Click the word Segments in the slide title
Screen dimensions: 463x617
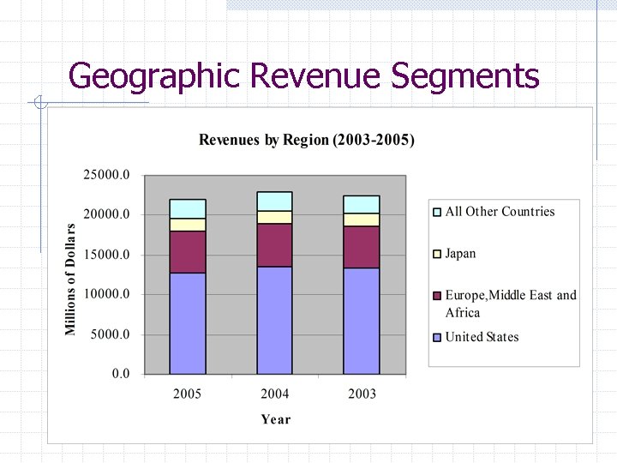tap(464, 76)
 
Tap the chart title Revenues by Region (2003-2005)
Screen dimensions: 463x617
tap(307, 140)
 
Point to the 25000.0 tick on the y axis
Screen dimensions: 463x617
tap(106, 175)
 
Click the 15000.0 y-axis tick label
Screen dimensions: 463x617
tap(106, 255)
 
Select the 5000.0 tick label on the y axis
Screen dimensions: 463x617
tap(110, 334)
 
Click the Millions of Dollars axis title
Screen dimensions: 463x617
tap(71, 280)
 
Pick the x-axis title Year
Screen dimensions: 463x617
tap(275, 419)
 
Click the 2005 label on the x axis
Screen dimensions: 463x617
tap(188, 394)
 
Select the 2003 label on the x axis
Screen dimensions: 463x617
tap(362, 394)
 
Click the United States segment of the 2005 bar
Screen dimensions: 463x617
tap(188, 323)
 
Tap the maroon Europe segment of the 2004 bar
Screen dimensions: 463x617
tap(275, 245)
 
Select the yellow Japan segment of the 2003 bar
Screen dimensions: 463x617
tap(362, 219)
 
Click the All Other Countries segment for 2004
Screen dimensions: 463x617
tap(275, 201)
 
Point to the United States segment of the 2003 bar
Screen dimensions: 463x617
tap(362, 321)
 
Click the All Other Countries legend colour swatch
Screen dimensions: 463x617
tap(437, 212)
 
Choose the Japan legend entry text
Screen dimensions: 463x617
tap(460, 254)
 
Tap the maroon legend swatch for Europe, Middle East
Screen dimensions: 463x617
tap(437, 296)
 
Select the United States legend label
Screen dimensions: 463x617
tap(482, 337)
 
